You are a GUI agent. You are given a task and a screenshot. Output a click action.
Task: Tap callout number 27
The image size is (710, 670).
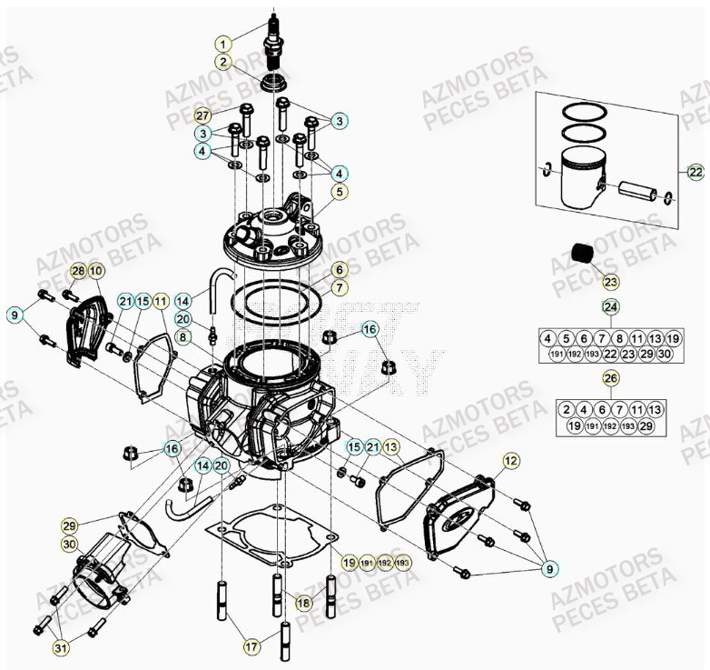(x=202, y=115)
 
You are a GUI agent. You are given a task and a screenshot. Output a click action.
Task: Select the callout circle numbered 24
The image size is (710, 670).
(x=610, y=306)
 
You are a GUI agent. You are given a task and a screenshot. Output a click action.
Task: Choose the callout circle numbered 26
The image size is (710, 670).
(x=610, y=377)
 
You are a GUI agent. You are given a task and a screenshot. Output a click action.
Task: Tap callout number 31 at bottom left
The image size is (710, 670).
(x=60, y=647)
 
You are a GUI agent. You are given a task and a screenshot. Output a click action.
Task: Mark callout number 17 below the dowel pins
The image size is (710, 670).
(x=251, y=646)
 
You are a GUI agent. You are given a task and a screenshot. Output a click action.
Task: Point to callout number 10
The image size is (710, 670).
(x=96, y=271)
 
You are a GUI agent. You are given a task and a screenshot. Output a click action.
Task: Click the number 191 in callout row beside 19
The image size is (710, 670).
(x=366, y=563)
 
